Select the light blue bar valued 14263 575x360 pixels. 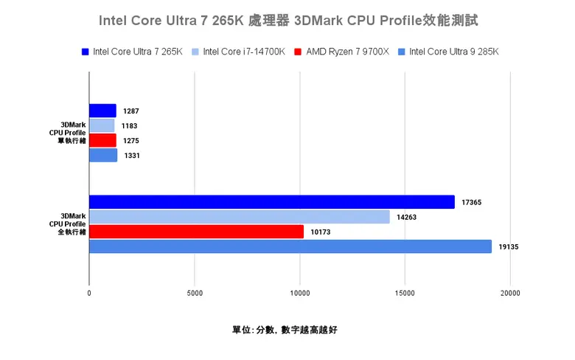click(x=239, y=217)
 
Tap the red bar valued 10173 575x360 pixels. click(x=196, y=232)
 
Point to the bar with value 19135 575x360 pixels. click(x=290, y=246)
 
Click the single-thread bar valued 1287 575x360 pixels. click(x=102, y=111)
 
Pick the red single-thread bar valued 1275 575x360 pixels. click(x=102, y=140)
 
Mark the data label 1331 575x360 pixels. click(x=132, y=156)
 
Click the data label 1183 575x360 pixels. click(x=130, y=126)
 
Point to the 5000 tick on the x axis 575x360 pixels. click(x=194, y=293)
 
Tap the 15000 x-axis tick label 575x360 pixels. click(x=404, y=293)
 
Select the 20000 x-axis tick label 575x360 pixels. click(x=509, y=293)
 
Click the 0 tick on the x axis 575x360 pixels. click(x=89, y=293)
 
